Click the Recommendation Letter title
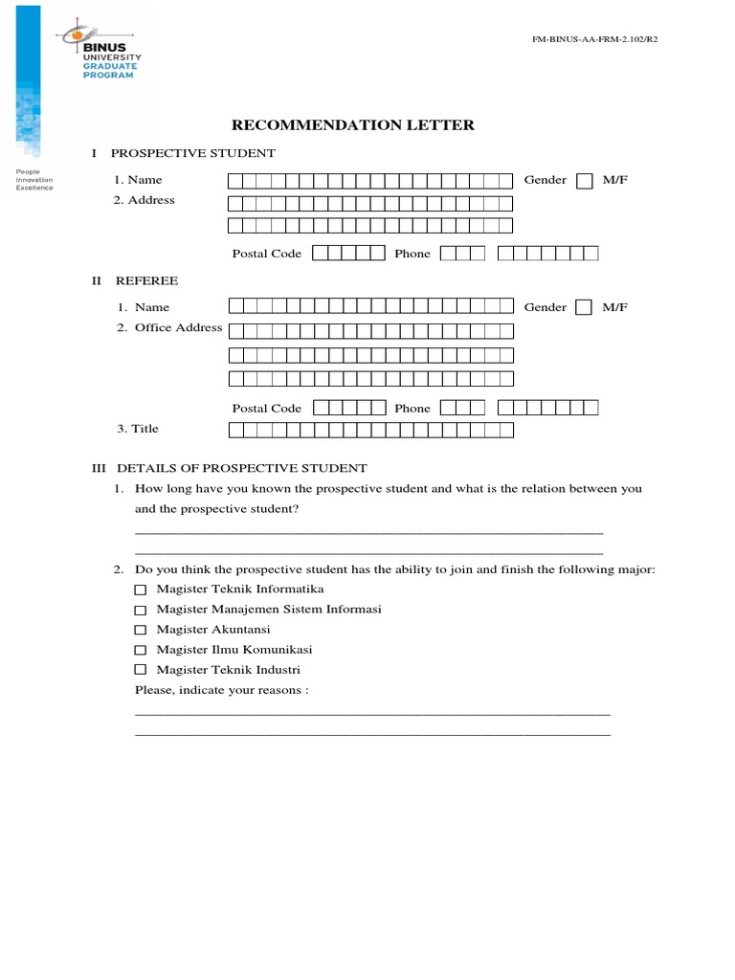click(x=353, y=125)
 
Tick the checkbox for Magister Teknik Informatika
click(x=141, y=589)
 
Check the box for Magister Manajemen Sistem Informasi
click(x=141, y=610)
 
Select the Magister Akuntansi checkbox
click(x=141, y=630)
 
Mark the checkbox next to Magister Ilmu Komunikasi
click(x=141, y=650)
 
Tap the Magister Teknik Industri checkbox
click(x=141, y=670)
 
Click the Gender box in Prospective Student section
click(x=584, y=181)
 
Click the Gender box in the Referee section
click(x=584, y=308)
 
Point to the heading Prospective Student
click(x=193, y=153)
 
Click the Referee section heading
click(x=146, y=280)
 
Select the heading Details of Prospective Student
click(x=241, y=468)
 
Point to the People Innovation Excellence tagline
click(x=34, y=180)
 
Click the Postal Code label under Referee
click(x=267, y=408)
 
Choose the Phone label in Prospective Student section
click(x=412, y=254)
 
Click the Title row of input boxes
click(x=370, y=430)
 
